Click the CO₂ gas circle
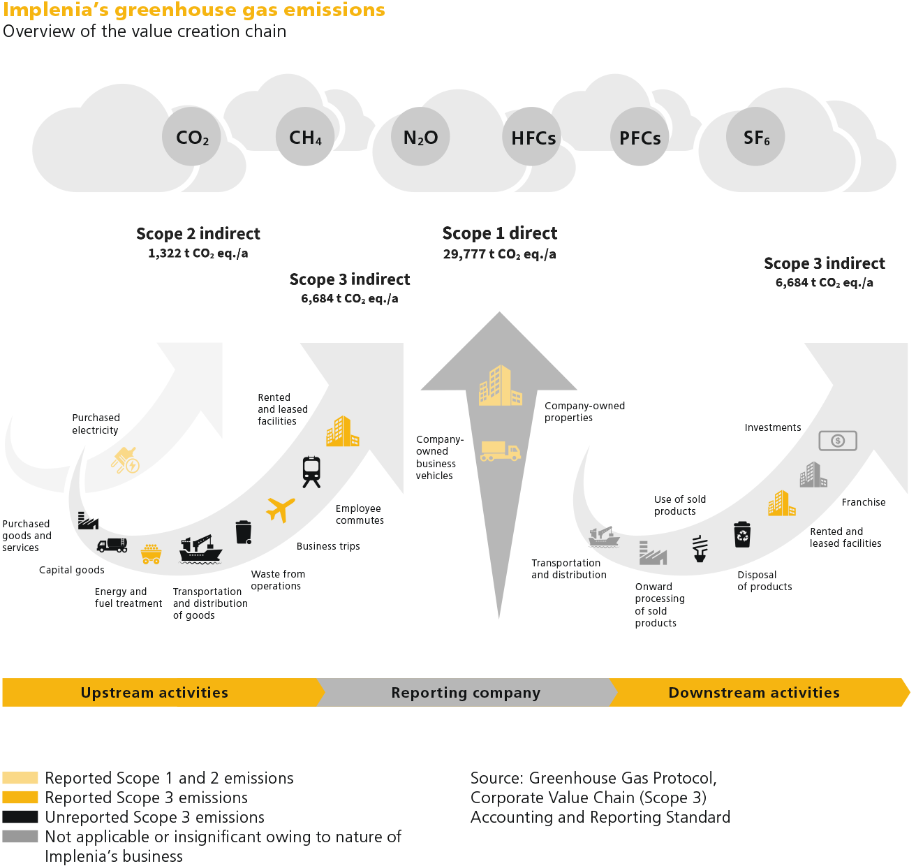tap(192, 137)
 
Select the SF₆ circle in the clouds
tap(756, 137)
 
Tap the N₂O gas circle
tap(420, 137)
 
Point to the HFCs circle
tap(533, 137)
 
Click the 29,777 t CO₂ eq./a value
tap(499, 254)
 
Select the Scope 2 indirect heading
tap(198, 233)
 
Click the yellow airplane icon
tap(281, 509)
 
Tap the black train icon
tap(311, 471)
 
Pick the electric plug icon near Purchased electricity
tap(126, 461)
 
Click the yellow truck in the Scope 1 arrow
tap(500, 451)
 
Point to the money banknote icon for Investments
tap(837, 441)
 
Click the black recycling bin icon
tap(742, 534)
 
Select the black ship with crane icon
tap(200, 549)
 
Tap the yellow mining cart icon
tap(151, 554)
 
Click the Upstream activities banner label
tap(154, 693)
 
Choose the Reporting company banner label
tap(466, 693)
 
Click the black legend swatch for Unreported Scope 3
tap(20, 817)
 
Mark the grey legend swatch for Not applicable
tap(20, 837)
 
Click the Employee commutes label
tap(360, 515)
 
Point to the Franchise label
tap(863, 502)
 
